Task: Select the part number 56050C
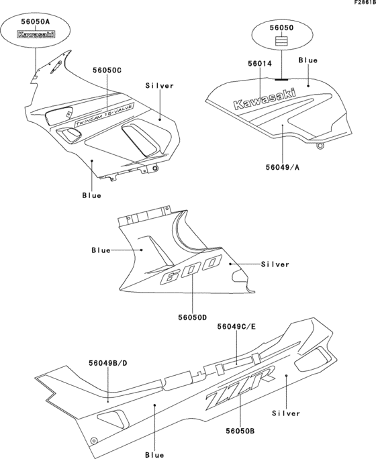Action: pyautogui.click(x=107, y=70)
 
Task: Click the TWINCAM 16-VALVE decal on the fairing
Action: pyautogui.click(x=105, y=111)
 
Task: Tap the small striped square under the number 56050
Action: pyautogui.click(x=281, y=41)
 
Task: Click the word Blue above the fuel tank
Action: pyautogui.click(x=308, y=60)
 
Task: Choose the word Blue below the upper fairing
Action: pyautogui.click(x=91, y=195)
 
